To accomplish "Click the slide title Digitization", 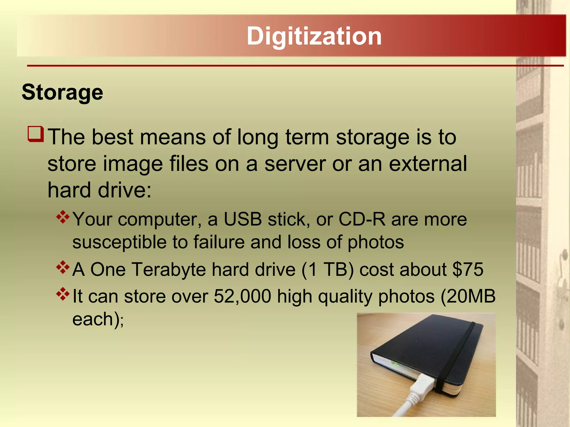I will coord(314,36).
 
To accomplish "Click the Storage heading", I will coord(62,92).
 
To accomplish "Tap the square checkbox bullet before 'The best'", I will coord(36,134).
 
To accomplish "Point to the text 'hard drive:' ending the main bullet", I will coord(99,190).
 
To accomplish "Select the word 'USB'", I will coord(243,219).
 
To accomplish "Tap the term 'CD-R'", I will coord(362,219).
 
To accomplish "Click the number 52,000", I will coord(242,296).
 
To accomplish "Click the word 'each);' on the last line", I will coord(98,319).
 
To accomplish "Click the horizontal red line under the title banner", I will coord(295,66).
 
